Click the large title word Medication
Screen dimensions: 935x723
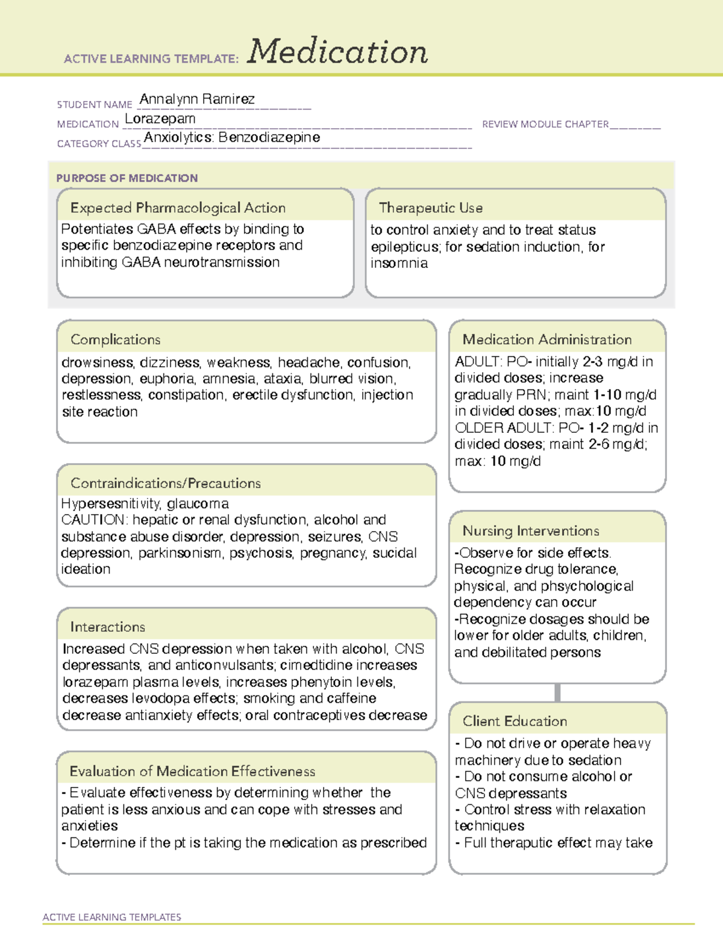337,52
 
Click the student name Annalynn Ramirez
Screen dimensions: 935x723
197,99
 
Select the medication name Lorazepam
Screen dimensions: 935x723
160,119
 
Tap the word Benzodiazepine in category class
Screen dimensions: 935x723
269,137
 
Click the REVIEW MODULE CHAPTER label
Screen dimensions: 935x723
545,124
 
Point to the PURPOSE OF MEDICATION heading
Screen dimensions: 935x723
127,178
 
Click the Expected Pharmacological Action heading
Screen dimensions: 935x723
178,208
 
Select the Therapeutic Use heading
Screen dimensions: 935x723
431,208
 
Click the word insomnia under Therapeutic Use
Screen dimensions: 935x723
399,263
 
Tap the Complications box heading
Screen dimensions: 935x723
116,340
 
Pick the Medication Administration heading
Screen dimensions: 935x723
547,340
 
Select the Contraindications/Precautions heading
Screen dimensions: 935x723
166,483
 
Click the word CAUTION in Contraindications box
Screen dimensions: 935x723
93,520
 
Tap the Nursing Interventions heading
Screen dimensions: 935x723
531,531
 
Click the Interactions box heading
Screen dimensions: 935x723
108,627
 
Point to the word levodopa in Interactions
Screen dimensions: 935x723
178,698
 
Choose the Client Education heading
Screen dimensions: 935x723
515,721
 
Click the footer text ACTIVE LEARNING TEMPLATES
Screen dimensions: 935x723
112,917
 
